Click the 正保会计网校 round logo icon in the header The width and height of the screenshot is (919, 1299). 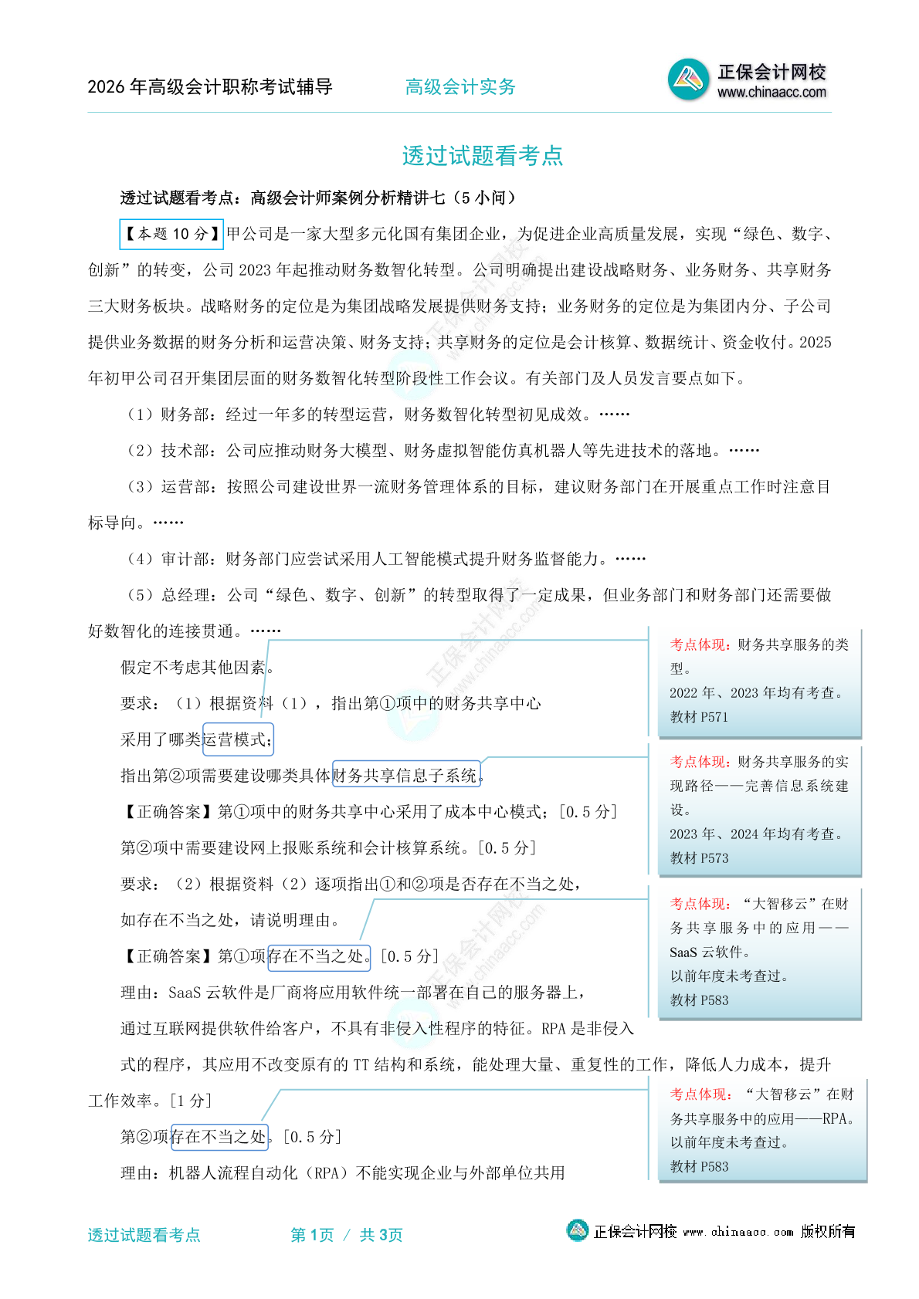[688, 79]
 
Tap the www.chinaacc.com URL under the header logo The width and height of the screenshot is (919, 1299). [771, 93]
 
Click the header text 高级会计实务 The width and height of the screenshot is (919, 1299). [460, 87]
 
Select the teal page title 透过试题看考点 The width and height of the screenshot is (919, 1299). [483, 156]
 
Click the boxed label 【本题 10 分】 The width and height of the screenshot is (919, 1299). [171, 234]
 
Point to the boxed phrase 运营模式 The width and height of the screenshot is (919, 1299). [237, 739]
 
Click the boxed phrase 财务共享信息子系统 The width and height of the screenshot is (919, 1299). [406, 775]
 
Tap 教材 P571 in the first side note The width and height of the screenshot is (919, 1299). [699, 717]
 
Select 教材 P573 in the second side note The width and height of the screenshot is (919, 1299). [699, 858]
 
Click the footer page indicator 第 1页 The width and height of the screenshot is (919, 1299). [312, 1235]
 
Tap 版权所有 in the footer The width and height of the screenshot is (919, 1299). [828, 1232]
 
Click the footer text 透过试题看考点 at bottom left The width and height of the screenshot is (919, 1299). [144, 1235]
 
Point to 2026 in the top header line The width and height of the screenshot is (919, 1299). [106, 87]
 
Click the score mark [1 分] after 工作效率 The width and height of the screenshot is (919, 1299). [191, 1101]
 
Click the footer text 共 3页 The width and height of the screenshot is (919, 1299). [381, 1235]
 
